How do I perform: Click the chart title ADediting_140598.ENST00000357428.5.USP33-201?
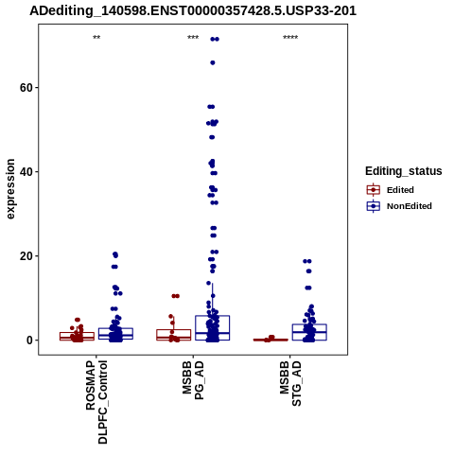193,11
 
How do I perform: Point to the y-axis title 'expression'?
10,189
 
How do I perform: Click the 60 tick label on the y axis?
26,88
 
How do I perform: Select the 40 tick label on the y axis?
26,172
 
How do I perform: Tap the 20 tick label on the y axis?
26,256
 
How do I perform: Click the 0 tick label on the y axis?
30,340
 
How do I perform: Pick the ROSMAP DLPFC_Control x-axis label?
96,402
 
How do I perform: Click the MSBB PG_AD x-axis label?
193,380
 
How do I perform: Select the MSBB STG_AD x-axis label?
290,383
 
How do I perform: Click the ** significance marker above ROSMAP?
96,38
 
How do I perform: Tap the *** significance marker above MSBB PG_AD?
193,38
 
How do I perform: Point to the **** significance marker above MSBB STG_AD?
290,38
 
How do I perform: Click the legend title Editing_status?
404,171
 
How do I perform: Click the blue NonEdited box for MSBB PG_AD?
213,328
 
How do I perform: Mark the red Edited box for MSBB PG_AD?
174,335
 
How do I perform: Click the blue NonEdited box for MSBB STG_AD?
309,332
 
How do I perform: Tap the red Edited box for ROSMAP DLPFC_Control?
77,336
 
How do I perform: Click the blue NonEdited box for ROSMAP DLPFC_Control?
115,334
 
